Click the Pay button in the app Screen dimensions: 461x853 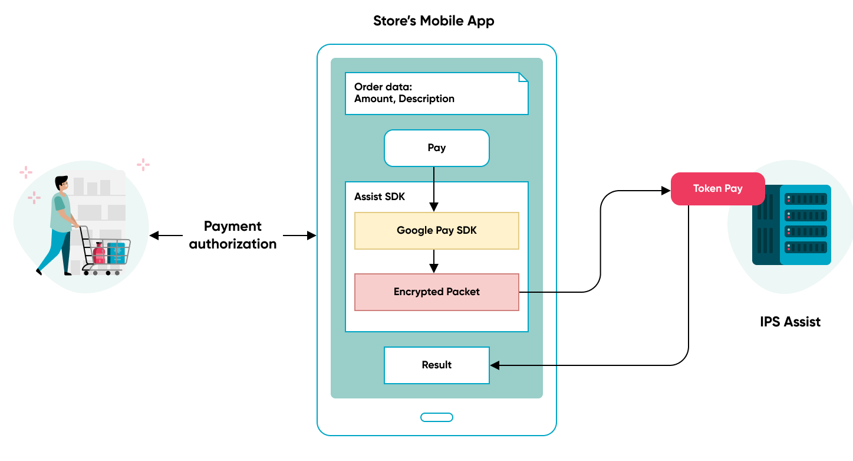[436, 148]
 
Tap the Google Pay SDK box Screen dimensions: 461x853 [436, 231]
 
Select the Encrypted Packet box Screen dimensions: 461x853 [436, 292]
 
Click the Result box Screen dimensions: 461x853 [436, 365]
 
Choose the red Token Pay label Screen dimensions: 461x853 [717, 189]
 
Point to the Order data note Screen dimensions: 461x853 [436, 93]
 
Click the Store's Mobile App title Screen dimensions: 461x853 [433, 21]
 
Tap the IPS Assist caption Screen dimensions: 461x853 [790, 322]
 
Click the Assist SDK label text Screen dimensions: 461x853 [380, 197]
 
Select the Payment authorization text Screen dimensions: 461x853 [233, 235]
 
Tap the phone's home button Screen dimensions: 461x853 [436, 417]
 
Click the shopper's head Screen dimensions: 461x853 [62, 184]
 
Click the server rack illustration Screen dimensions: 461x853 [792, 224]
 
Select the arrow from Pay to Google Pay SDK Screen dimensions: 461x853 [434, 189]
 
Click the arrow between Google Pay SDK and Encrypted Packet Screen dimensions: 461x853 [434, 261]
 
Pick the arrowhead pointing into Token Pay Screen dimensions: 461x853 [666, 191]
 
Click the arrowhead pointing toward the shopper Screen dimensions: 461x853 [154, 236]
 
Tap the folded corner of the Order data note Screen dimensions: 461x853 [523, 77]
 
